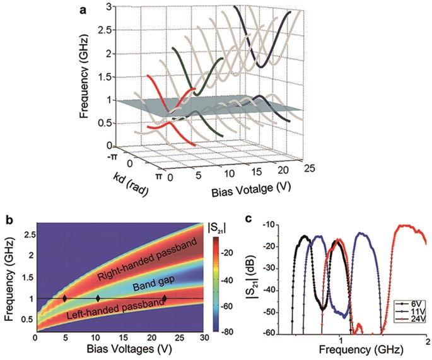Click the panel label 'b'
pos(9,219)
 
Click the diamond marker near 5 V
pos(64,299)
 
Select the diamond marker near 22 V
pos(165,299)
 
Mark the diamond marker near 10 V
pos(98,299)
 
